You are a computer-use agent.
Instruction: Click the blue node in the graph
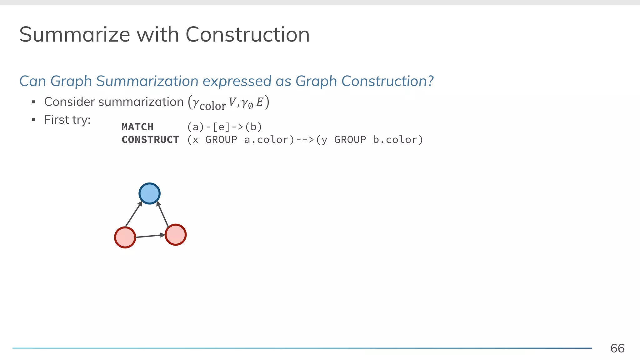pos(149,193)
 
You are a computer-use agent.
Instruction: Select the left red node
pos(125,237)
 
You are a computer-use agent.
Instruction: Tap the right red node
pos(175,235)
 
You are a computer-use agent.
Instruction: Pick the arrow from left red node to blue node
pos(133,214)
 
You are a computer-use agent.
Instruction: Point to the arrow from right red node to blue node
pos(162,214)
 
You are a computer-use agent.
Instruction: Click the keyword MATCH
pos(137,127)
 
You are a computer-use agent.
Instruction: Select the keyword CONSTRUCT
pos(150,140)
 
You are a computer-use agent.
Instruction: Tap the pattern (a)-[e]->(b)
pos(224,127)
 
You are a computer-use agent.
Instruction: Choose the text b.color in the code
pos(397,140)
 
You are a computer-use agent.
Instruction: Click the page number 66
pos(617,348)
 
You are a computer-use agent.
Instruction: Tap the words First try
pos(67,120)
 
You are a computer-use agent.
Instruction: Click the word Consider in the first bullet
pos(69,102)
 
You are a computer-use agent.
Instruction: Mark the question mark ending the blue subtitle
pos(431,81)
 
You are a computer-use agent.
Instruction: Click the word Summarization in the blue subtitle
pos(147,81)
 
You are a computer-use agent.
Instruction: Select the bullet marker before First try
pos(34,120)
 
